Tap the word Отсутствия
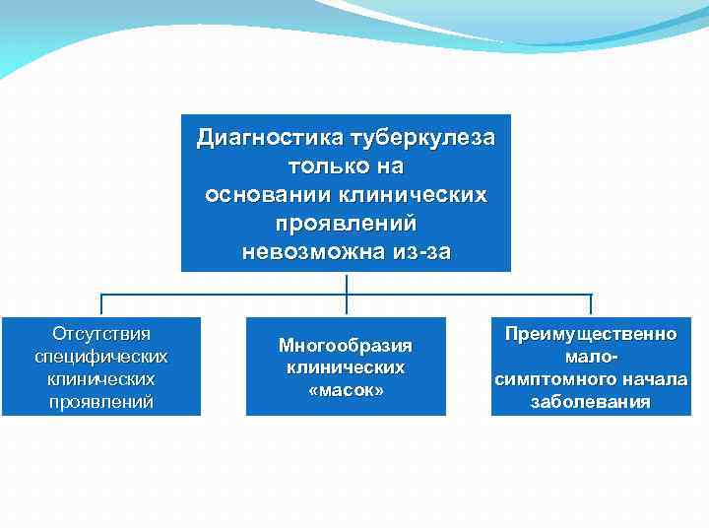coord(100,333)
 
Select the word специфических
coord(100,356)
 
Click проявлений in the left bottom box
coord(100,401)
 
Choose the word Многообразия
coord(346,345)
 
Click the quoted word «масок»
coord(346,390)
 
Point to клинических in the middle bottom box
coord(346,367)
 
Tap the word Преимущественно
coord(591,334)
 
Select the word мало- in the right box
coord(591,357)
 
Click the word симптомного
coord(552,379)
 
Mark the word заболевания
coord(591,402)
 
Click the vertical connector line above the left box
coord(101,304)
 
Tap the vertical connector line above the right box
coord(591,304)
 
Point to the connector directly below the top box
coord(347,283)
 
